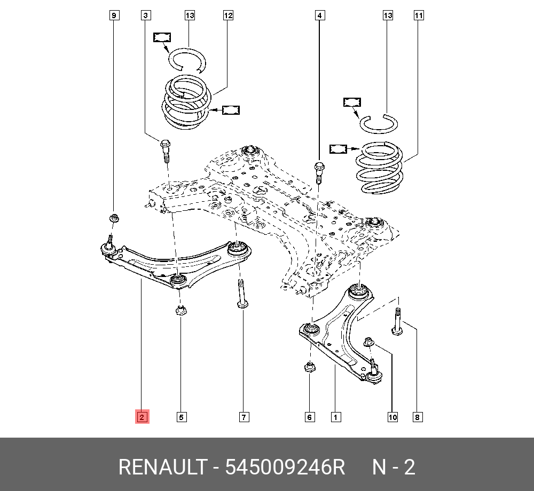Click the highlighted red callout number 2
142,417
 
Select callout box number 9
114,15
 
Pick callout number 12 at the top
228,15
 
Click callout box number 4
319,15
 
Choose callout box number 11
419,15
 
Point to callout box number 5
182,417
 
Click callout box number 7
244,417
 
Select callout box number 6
310,417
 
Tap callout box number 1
335,417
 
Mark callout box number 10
392,417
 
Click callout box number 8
418,417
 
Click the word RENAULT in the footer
161,468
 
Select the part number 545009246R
286,468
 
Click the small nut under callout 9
113,218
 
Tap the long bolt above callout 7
241,294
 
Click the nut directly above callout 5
180,310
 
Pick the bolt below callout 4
319,171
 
